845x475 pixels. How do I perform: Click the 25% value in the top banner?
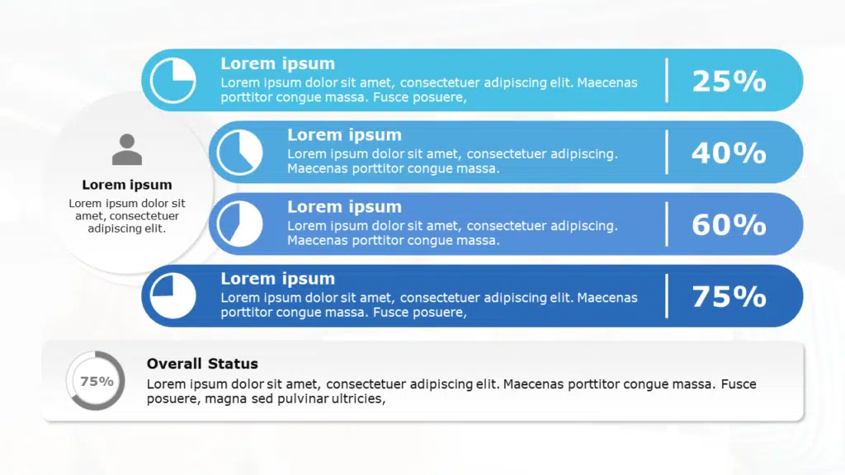(x=729, y=82)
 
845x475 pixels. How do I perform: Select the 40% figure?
(x=729, y=153)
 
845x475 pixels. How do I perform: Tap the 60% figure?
(x=729, y=224)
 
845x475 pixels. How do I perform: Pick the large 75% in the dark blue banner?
(x=729, y=297)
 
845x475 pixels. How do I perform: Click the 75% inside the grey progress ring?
(x=97, y=381)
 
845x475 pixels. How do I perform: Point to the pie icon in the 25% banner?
(x=173, y=81)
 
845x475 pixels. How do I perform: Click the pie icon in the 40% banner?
(x=240, y=153)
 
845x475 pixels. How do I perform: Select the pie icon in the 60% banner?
(x=240, y=224)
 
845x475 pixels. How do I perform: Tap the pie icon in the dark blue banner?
(x=173, y=296)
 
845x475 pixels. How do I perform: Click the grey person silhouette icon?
(x=127, y=149)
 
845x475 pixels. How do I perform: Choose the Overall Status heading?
(x=202, y=364)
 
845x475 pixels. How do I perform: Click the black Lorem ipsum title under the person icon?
(x=127, y=185)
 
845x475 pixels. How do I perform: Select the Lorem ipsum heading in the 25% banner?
(x=277, y=63)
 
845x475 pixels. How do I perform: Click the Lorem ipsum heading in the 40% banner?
(x=344, y=135)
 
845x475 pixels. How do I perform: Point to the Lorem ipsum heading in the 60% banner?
(x=344, y=207)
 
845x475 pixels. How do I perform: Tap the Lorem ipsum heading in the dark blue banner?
(x=277, y=279)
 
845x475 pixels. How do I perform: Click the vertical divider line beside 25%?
(x=667, y=80)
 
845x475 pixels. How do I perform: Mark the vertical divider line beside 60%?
(x=667, y=224)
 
